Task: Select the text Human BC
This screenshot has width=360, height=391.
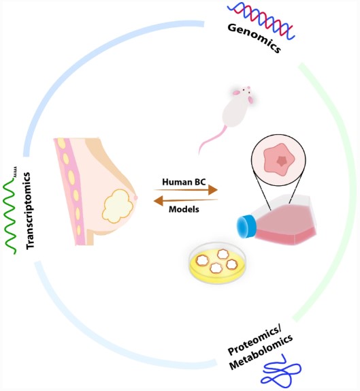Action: tap(180, 182)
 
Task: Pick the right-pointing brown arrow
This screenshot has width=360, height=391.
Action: tap(184, 191)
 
